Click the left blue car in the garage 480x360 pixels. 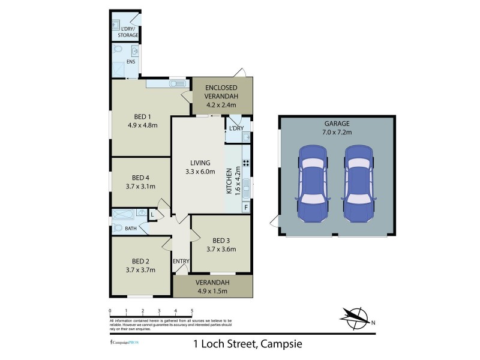click(x=313, y=182)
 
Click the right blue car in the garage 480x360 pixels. click(x=358, y=182)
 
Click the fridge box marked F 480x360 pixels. click(x=245, y=208)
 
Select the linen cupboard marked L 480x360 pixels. click(x=152, y=214)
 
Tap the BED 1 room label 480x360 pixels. click(x=142, y=117)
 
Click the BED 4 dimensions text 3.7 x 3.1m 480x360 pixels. click(x=142, y=186)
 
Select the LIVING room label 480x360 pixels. click(x=200, y=163)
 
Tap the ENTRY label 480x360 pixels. click(x=181, y=261)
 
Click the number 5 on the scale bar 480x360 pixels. click(x=192, y=311)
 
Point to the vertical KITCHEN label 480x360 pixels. click(x=229, y=180)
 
